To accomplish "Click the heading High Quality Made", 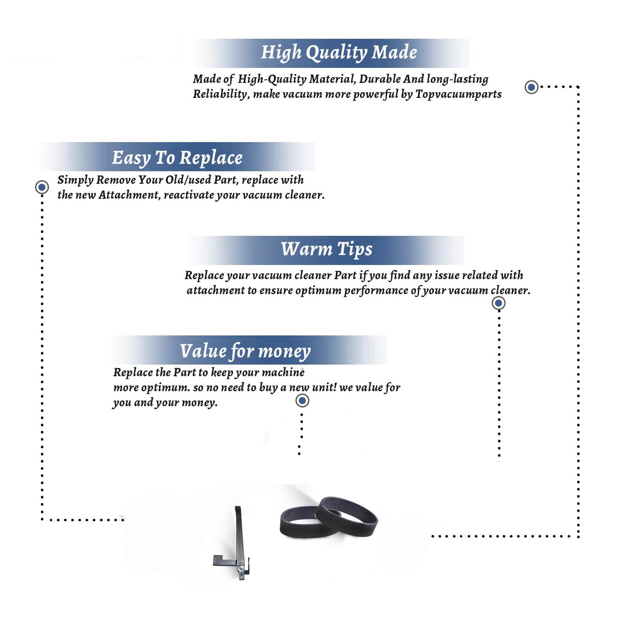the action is (x=339, y=52).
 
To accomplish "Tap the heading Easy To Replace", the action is (x=177, y=158).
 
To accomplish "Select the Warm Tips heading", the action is (x=327, y=249).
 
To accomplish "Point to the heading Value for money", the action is (x=245, y=351).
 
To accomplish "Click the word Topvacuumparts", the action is (x=458, y=94).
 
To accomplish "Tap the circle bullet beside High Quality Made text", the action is (x=531, y=87).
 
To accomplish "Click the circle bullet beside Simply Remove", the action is (x=42, y=187).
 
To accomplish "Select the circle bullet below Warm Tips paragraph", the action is (x=499, y=303).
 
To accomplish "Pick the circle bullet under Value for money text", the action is (x=302, y=401).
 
